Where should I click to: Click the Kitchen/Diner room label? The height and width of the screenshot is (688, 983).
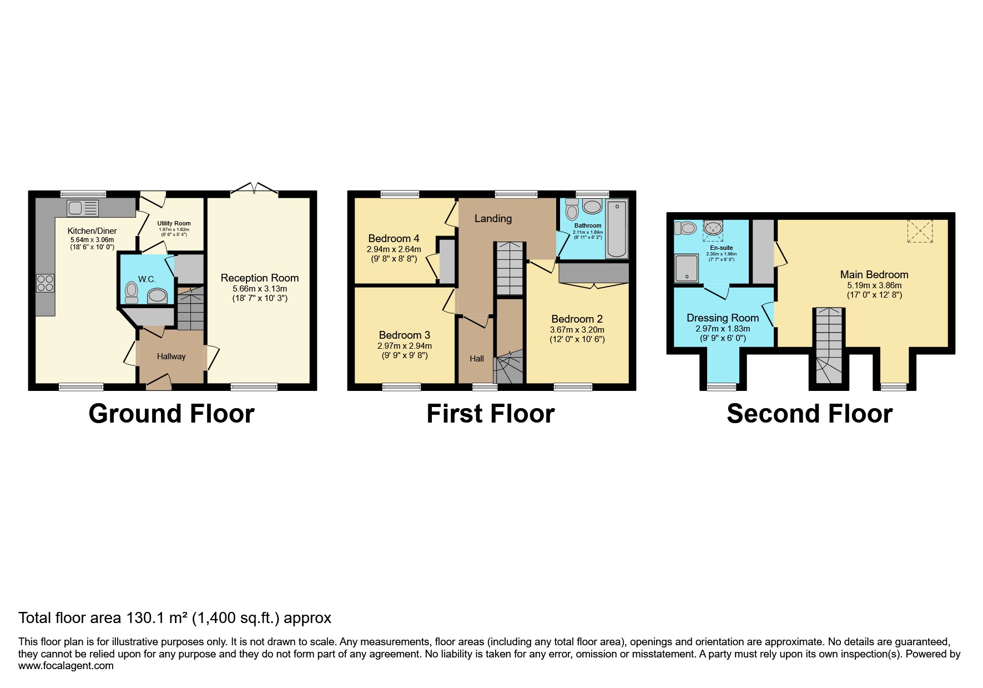[x=92, y=231]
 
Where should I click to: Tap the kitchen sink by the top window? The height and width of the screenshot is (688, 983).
[x=83, y=209]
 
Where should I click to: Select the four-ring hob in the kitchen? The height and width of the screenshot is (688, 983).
[x=46, y=283]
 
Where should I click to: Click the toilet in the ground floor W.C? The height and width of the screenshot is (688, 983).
[x=132, y=292]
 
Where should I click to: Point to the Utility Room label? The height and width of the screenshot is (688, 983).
[x=174, y=223]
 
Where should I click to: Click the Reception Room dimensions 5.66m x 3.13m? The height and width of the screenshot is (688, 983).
[x=260, y=289]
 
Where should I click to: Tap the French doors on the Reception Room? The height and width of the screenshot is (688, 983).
[x=254, y=189]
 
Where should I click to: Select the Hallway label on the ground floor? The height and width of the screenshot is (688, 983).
[x=171, y=356]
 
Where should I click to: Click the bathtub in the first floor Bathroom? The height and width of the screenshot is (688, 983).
[x=617, y=229]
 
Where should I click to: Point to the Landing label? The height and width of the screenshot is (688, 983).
[x=493, y=219]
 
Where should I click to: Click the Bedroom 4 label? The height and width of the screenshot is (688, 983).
[x=394, y=239]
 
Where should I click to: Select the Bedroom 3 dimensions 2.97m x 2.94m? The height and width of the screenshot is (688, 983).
[x=404, y=345]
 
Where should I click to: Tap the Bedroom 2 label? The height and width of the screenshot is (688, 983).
[x=577, y=319]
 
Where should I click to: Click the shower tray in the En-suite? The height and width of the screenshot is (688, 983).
[x=687, y=269]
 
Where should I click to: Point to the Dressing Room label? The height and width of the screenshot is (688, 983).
[x=722, y=318]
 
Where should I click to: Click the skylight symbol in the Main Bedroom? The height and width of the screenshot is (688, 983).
[x=919, y=231]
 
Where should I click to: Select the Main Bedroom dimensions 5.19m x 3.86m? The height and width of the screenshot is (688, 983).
[x=874, y=285]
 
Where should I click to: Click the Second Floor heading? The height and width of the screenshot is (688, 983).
[x=809, y=414]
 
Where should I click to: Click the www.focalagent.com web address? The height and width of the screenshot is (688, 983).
[x=66, y=666]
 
